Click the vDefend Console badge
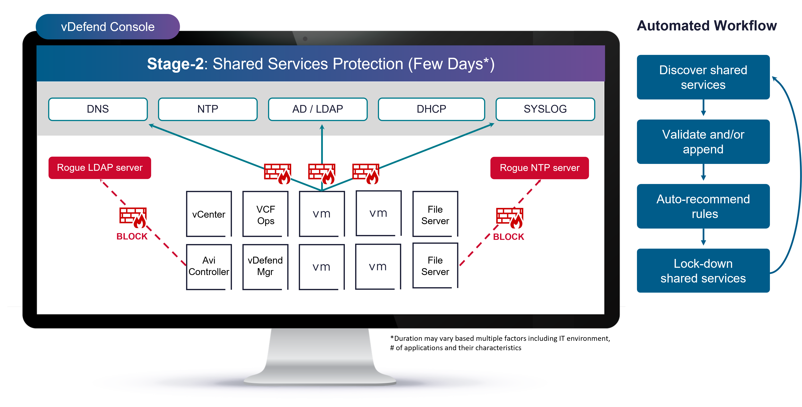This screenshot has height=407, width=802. click(x=108, y=27)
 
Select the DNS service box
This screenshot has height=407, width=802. click(x=98, y=109)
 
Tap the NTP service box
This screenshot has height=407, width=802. click(x=208, y=109)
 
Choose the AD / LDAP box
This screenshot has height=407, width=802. click(x=318, y=109)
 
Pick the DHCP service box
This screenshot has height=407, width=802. click(x=431, y=109)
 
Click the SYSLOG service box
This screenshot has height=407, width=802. click(x=545, y=109)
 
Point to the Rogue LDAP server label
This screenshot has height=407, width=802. click(x=100, y=168)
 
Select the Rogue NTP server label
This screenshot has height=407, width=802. click(x=540, y=168)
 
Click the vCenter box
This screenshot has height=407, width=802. click(x=209, y=214)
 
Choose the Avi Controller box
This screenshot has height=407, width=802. click(x=209, y=266)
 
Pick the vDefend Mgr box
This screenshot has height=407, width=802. click(x=265, y=266)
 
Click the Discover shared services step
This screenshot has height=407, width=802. click(x=703, y=77)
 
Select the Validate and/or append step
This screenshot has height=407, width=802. click(x=703, y=142)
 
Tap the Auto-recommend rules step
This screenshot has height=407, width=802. click(x=703, y=206)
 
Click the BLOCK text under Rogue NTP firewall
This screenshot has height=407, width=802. click(x=508, y=237)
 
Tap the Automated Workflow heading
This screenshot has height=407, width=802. click(x=707, y=26)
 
